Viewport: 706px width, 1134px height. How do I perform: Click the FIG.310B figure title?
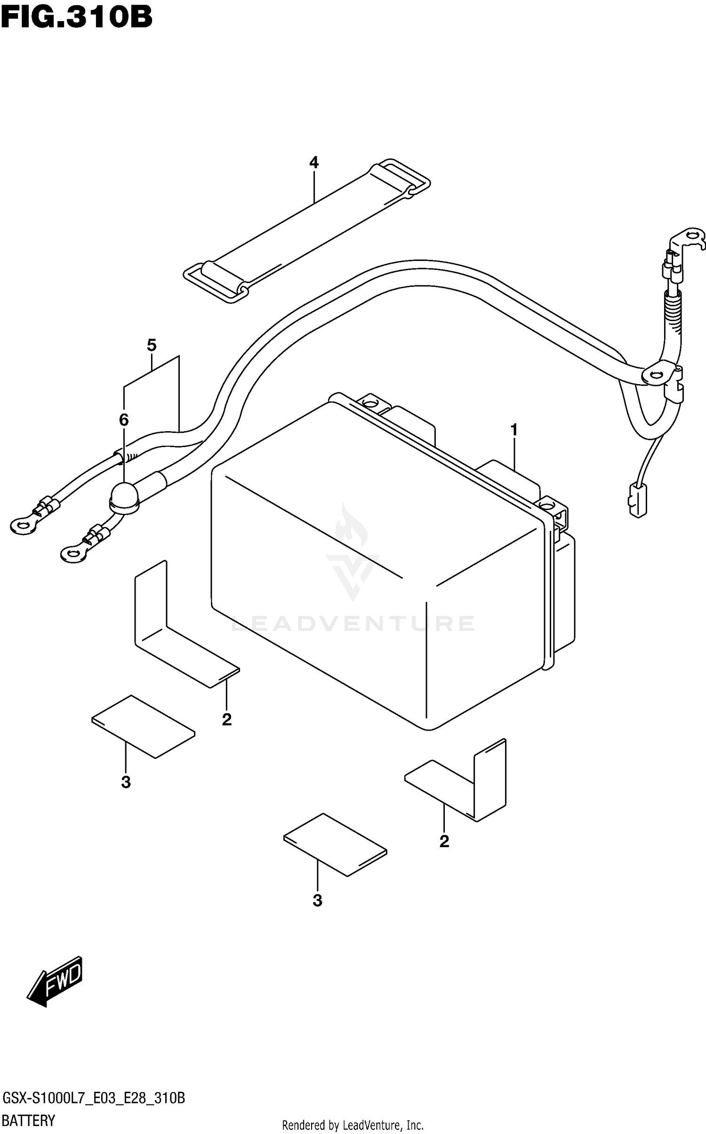[x=76, y=18]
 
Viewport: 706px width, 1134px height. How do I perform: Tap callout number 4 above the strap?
[x=314, y=163]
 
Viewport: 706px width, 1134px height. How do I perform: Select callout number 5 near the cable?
[x=151, y=345]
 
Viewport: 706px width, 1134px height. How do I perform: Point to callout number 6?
[x=124, y=420]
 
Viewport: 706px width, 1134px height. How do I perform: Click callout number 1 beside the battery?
[x=514, y=430]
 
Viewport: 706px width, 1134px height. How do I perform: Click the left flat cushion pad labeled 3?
[x=143, y=726]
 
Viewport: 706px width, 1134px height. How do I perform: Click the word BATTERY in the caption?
[x=29, y=1120]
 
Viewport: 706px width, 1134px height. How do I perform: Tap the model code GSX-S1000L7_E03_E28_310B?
[x=94, y=1099]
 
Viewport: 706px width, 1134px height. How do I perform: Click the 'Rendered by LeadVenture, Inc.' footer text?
[x=353, y=1125]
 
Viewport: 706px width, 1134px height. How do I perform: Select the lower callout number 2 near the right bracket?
[x=444, y=841]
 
